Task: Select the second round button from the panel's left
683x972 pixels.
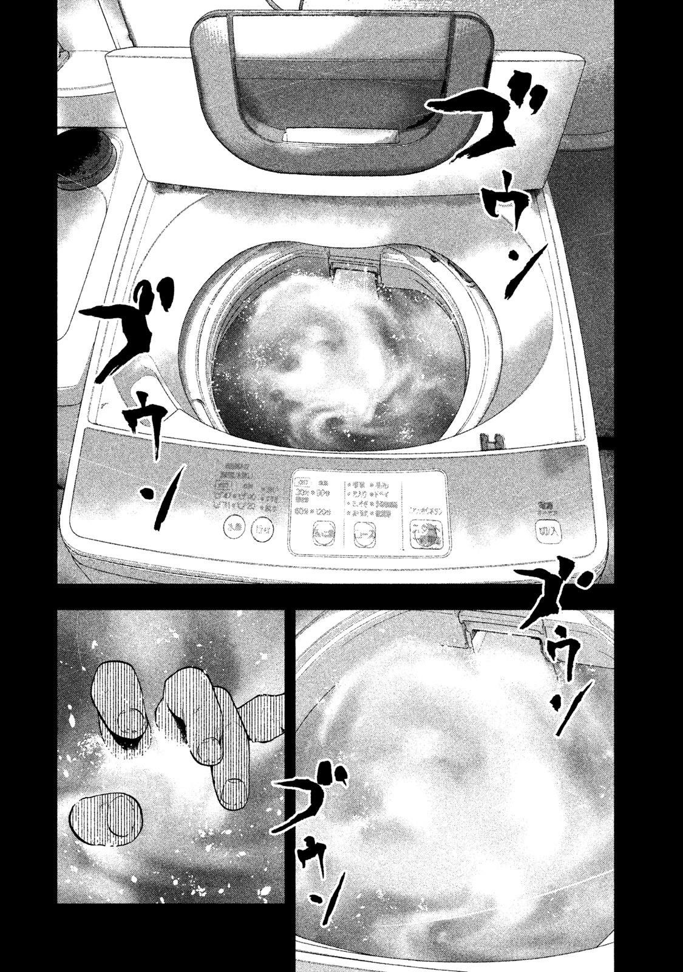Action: tap(262, 526)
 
